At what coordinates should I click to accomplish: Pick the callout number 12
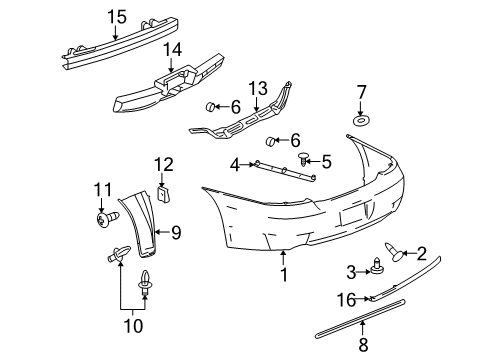(164, 164)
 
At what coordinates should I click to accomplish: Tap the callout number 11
(101, 189)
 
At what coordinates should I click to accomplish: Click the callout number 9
(175, 234)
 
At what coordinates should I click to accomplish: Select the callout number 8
(362, 345)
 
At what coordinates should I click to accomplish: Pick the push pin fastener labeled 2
(393, 255)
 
